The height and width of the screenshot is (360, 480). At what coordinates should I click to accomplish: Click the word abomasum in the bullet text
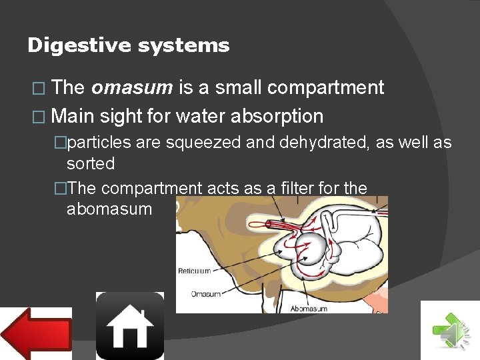click(x=109, y=209)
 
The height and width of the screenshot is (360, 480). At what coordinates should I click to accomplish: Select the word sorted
click(x=91, y=163)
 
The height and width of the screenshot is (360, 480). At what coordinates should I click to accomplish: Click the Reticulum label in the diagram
click(x=194, y=271)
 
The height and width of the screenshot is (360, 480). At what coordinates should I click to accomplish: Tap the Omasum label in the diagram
click(x=207, y=294)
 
